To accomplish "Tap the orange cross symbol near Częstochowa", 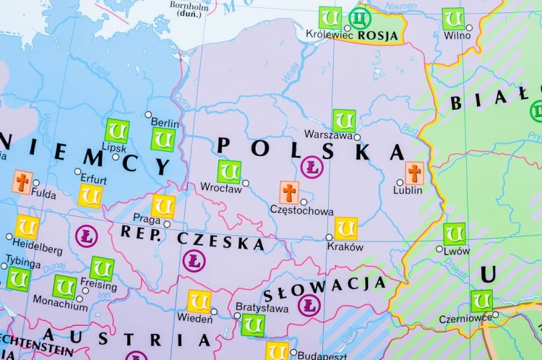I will point(289,192).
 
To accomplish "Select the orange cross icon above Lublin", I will point(414,173).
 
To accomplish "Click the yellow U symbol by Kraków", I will point(346,228).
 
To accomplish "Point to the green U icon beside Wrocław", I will point(229,172).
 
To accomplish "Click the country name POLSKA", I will point(311,149).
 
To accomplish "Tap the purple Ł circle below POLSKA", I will point(312,167).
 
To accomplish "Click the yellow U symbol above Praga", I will point(163,206).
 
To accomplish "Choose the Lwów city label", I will point(457,251).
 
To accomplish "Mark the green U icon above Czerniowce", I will point(481,301).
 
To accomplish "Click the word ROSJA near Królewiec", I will point(377,34).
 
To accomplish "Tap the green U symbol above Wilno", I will point(453,18).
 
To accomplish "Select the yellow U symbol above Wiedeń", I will point(199,301).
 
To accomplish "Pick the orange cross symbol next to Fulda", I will point(22,182).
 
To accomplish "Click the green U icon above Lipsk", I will point(116,131).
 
